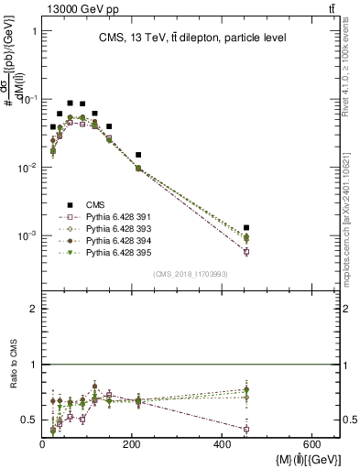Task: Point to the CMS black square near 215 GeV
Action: [x=138, y=155]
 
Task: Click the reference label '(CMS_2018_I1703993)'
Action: [x=191, y=274]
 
